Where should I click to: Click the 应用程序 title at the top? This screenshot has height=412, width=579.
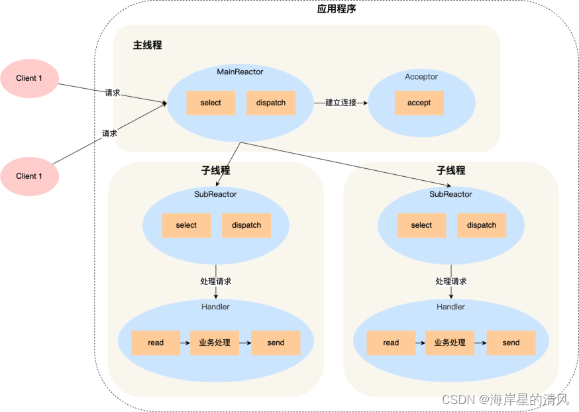[x=337, y=9]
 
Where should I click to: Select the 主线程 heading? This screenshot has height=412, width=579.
[x=147, y=45]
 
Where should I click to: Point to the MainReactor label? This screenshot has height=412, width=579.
[x=240, y=71]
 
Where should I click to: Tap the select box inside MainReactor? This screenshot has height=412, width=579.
[x=211, y=103]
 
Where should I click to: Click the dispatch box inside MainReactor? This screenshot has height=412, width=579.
[x=271, y=103]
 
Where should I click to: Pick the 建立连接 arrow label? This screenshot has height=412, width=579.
[x=341, y=103]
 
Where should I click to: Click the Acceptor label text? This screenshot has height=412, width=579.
[x=421, y=77]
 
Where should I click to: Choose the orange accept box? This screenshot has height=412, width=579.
[x=419, y=103]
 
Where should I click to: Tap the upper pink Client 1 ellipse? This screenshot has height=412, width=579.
[x=29, y=78]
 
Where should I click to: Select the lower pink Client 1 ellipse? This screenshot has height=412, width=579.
[x=29, y=176]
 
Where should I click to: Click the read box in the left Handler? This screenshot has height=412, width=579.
[x=156, y=342]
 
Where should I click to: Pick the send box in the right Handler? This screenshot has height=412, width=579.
[x=511, y=342]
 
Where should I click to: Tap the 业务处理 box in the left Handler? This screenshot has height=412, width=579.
[x=215, y=342]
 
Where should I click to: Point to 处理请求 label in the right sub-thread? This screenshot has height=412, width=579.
[x=450, y=281]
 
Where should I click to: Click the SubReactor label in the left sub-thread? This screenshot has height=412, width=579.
[x=215, y=194]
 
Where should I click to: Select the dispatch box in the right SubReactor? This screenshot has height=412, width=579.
[x=482, y=225]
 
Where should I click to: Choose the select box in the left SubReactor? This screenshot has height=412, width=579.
[x=186, y=225]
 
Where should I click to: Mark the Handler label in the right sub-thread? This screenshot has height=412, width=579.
[x=450, y=307]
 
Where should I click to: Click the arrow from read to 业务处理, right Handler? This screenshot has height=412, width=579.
[x=420, y=343]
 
